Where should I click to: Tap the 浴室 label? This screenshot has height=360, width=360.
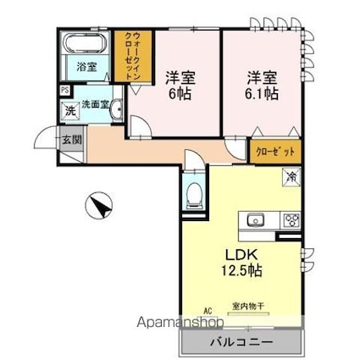[86, 66]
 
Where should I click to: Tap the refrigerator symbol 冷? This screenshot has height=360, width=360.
[291, 177]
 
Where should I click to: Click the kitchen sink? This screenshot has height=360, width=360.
[256, 221]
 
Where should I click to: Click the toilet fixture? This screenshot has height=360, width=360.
[194, 194]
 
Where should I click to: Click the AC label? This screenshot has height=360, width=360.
[207, 310]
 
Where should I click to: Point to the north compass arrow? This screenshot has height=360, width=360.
[100, 206]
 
